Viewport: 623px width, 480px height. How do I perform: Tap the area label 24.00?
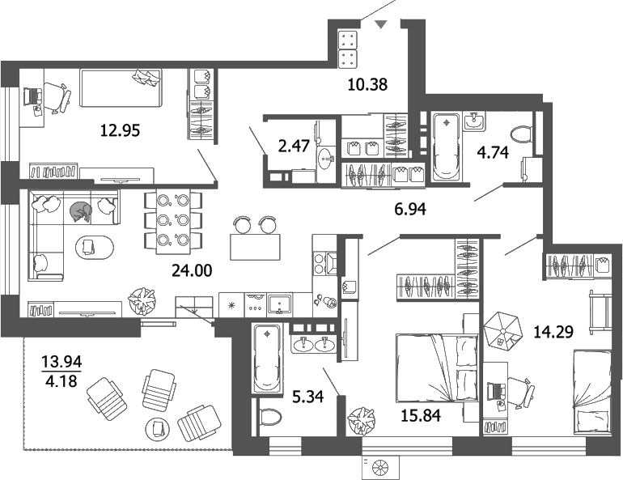[x=192, y=270]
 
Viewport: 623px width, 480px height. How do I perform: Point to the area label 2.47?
[x=293, y=146]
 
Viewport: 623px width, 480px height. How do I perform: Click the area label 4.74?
[x=493, y=153]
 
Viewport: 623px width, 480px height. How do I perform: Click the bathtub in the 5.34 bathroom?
[x=265, y=359]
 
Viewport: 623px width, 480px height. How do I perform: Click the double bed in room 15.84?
[x=436, y=369]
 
